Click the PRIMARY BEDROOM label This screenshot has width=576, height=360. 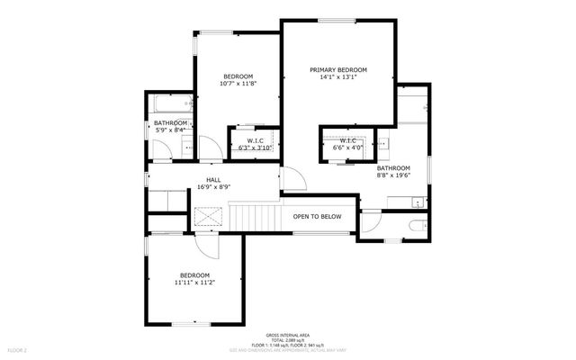click(338, 69)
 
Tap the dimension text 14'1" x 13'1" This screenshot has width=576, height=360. click(338, 77)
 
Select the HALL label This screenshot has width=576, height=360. click(213, 180)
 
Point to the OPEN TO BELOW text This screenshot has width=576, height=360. click(317, 217)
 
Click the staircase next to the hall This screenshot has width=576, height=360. click(256, 217)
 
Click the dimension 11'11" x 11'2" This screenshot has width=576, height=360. click(194, 283)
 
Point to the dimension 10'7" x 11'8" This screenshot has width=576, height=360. click(238, 84)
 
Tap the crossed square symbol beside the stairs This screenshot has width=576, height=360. click(209, 217)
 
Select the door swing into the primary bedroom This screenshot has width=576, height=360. click(293, 180)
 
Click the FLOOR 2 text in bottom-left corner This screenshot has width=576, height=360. click(18, 349)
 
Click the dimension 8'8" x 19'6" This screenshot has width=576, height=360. click(393, 175)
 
